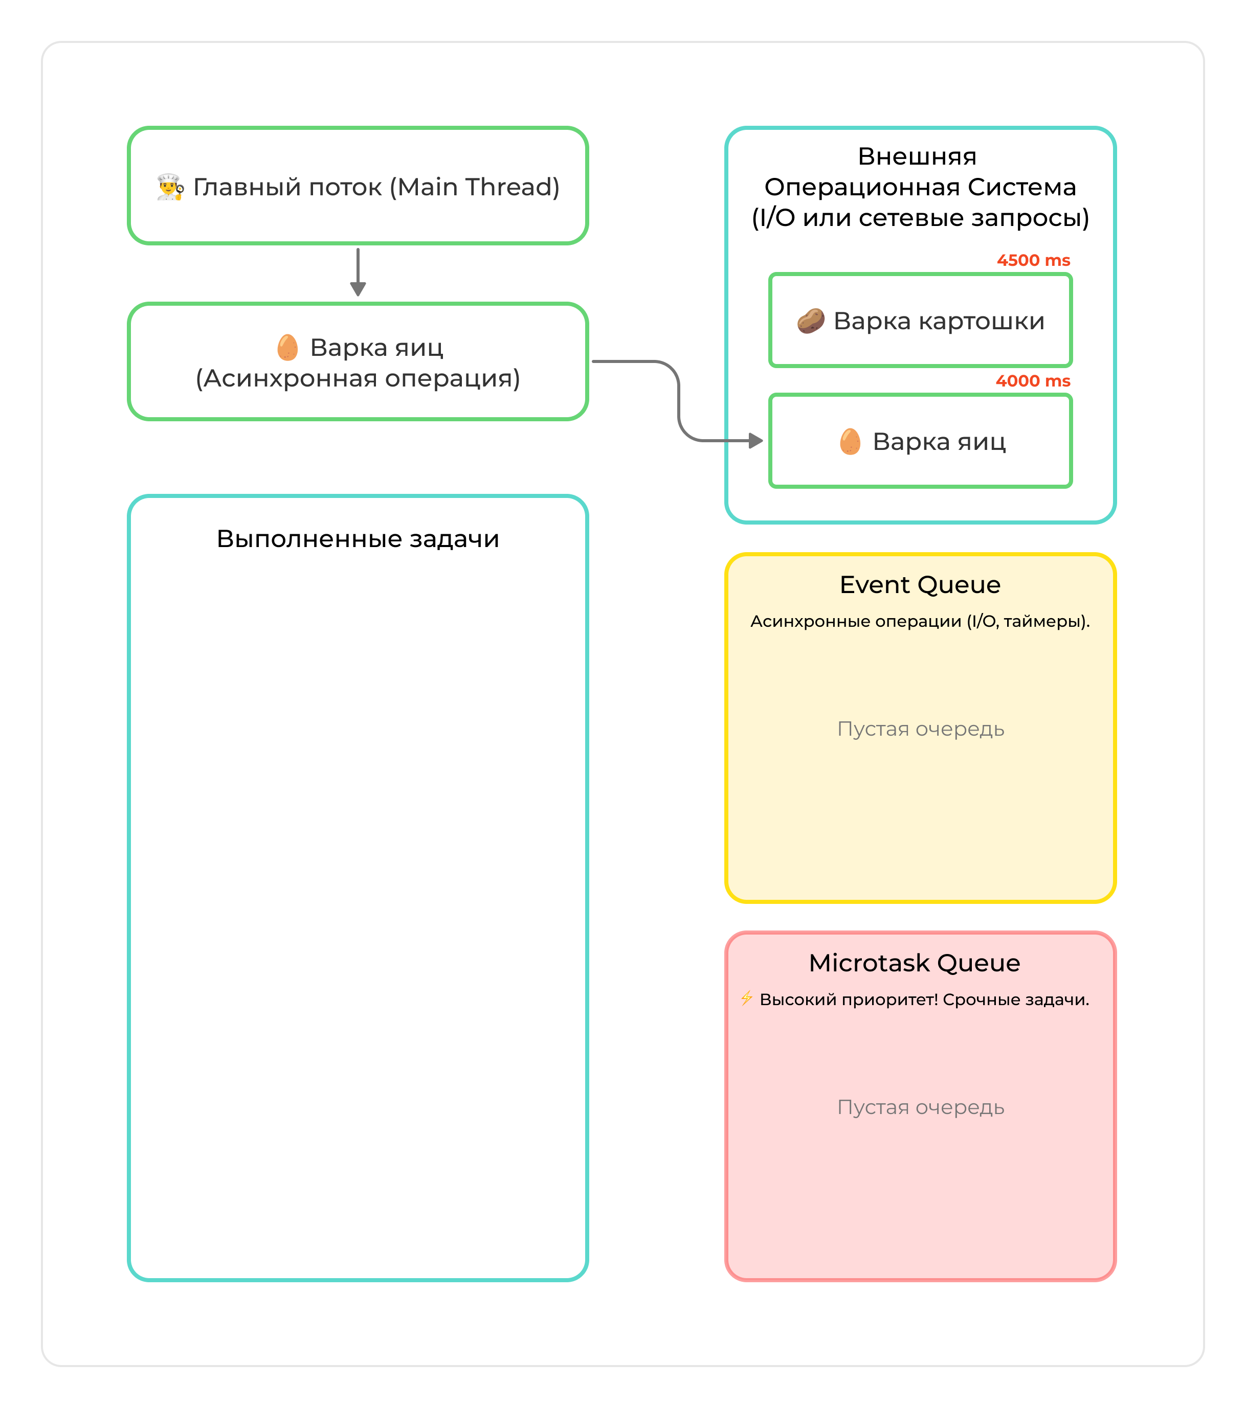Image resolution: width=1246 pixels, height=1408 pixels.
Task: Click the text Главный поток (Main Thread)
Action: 376,187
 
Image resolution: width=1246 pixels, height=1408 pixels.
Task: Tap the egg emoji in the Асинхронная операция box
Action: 287,347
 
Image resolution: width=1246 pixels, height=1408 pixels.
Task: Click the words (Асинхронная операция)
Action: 358,378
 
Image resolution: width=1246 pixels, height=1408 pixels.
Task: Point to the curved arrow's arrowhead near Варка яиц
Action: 755,441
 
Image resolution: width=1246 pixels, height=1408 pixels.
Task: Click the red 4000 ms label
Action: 1032,381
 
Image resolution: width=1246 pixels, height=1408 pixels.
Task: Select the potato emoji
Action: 810,321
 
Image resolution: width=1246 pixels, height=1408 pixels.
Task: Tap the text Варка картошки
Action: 939,321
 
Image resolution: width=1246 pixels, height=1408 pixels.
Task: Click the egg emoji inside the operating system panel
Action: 850,442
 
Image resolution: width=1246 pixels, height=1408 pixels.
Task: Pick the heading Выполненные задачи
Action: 358,539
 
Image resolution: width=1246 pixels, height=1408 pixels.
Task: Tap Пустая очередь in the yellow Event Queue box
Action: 920,729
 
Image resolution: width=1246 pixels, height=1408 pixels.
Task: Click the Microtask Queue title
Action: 914,963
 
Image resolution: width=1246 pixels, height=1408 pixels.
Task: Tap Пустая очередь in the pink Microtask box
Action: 920,1107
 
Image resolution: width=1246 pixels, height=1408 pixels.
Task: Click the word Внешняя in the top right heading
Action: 917,157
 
